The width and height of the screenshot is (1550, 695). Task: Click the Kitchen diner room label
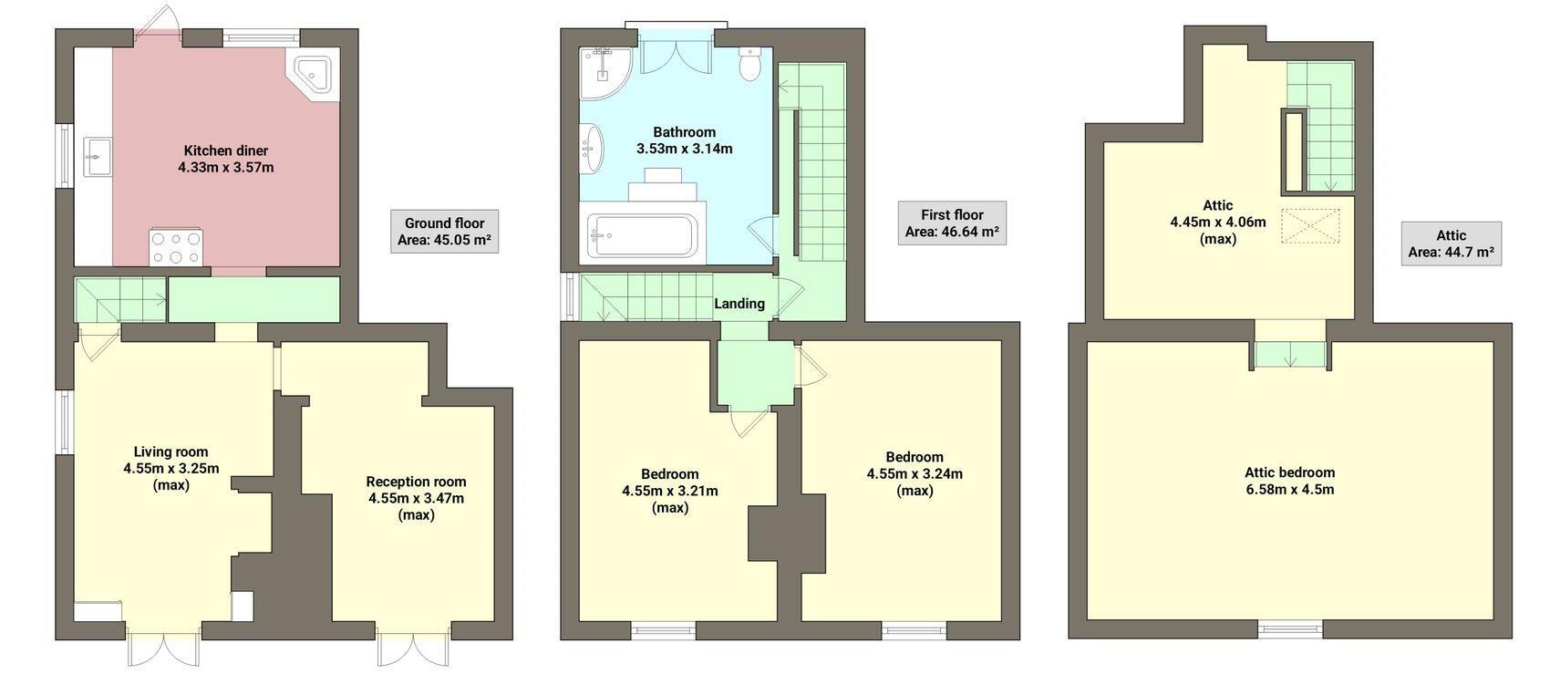[x=226, y=150]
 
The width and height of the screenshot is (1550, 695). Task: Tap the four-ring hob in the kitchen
[x=176, y=247]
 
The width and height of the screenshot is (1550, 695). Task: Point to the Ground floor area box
[x=444, y=232]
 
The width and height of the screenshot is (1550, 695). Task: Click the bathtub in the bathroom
[x=642, y=235]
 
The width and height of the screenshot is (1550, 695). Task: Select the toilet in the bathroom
[x=749, y=64]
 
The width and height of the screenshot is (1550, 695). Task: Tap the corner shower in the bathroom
[x=603, y=72]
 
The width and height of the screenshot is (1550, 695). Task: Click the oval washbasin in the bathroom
[x=593, y=149]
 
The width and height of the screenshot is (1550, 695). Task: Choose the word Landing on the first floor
[x=739, y=304]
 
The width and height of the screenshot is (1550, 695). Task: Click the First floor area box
[x=951, y=223]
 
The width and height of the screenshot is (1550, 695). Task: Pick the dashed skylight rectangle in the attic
[x=1310, y=226]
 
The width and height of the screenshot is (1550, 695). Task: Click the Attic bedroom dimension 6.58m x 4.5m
[x=1289, y=489]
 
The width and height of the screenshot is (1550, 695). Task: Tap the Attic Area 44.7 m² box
[x=1451, y=244]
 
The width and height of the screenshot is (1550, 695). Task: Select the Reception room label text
[x=416, y=482]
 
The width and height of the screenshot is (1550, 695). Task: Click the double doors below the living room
[x=162, y=650]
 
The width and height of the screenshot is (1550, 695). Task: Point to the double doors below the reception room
[x=413, y=650]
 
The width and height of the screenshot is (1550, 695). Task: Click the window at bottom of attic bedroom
[x=1290, y=628]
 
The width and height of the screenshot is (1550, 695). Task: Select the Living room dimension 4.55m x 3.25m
[x=171, y=469]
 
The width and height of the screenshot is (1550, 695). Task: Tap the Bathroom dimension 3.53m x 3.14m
[x=684, y=149]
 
